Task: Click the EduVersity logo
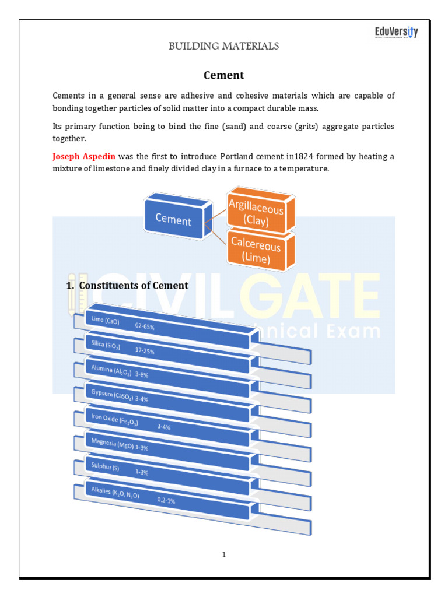coord(396,32)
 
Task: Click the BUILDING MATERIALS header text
coord(223,46)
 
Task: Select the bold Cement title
coord(223,75)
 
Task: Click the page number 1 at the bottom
coord(223,554)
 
